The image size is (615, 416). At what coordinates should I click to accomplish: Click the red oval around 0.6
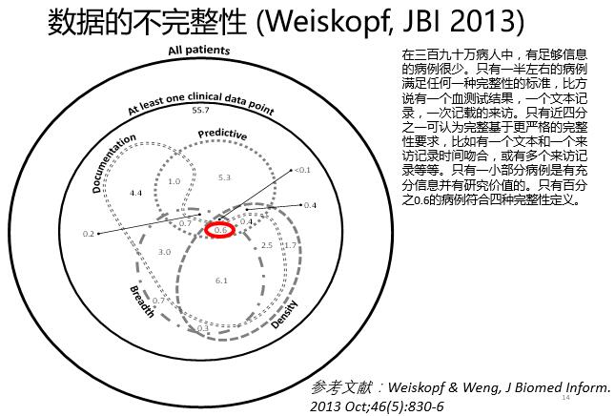tap(221, 231)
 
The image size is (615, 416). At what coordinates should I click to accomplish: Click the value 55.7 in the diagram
tap(200, 111)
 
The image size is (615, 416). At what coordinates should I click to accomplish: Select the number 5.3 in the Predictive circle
tap(225, 177)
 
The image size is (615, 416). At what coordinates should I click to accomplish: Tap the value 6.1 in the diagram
tap(221, 281)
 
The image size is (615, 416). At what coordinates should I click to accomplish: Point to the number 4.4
tap(135, 193)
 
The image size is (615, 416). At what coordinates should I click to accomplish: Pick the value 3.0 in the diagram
tap(164, 252)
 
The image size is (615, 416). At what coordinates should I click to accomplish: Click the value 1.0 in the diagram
tap(174, 181)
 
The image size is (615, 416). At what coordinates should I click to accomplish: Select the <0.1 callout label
tap(302, 170)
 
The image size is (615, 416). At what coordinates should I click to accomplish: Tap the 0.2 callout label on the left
tap(89, 234)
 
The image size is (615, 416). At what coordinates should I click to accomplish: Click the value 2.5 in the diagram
tap(267, 245)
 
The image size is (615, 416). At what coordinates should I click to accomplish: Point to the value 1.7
tap(290, 246)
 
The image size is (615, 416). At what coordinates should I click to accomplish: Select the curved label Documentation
tap(113, 161)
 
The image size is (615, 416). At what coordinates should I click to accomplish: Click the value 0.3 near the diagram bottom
tap(202, 329)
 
